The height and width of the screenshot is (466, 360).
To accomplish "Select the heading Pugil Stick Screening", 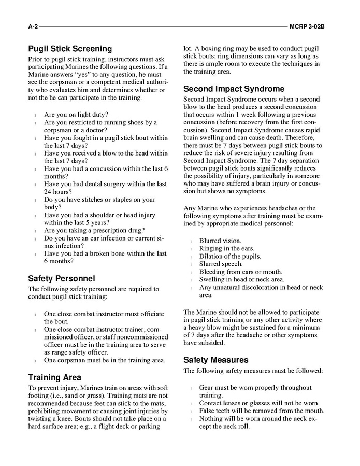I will coord(70,49).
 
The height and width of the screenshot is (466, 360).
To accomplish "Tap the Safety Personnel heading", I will coord(62,279).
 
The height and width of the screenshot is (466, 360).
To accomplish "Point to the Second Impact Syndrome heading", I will coord(234,89).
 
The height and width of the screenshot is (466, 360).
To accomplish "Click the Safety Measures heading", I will coord(216,360).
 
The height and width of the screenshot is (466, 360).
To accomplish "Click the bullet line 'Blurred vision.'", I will coord(220,241).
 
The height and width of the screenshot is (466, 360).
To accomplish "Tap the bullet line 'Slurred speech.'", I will coord(221,264).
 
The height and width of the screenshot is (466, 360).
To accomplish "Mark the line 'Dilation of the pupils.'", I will coord(230,257).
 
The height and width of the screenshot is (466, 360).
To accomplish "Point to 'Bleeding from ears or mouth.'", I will coord(241,272).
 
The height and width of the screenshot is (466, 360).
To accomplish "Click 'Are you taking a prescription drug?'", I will coord(94,231).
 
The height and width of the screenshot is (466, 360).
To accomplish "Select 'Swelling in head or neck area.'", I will coord(242,280).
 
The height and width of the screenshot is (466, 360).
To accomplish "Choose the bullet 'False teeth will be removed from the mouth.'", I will coord(262,411).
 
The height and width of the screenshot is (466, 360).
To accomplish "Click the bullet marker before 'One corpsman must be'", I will coord(36,361).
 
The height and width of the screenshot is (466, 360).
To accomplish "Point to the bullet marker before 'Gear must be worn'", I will coord(191,388).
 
